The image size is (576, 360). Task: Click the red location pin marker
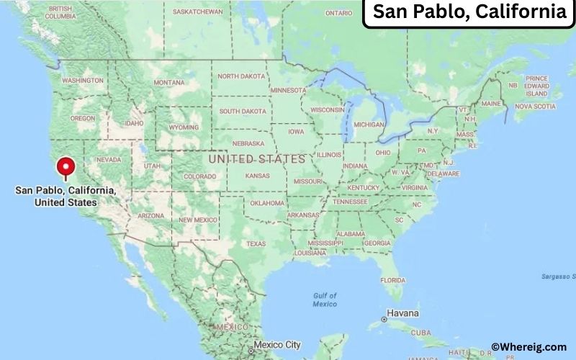pyautogui.click(x=66, y=167)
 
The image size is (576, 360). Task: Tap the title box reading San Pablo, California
pyautogui.click(x=469, y=13)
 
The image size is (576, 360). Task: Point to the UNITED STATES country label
pyautogui.click(x=256, y=158)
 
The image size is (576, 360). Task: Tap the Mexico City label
pyautogui.click(x=276, y=345)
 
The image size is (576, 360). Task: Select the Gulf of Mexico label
pyautogui.click(x=325, y=300)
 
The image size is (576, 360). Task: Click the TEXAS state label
pyautogui.click(x=256, y=243)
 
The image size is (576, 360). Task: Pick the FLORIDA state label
pyautogui.click(x=393, y=279)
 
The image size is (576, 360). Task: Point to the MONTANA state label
pyautogui.click(x=168, y=82)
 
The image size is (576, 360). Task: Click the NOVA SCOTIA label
pyautogui.click(x=535, y=107)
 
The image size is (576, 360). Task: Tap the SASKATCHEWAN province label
pyautogui.click(x=197, y=12)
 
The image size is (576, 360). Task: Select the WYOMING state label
pyautogui.click(x=183, y=127)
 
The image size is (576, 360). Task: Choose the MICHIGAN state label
pyautogui.click(x=369, y=125)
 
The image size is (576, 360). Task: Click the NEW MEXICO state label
pyautogui.click(x=197, y=220)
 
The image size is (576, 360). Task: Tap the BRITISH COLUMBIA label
pyautogui.click(x=60, y=12)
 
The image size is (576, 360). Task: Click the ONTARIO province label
pyautogui.click(x=338, y=13)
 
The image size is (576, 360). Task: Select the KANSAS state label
pyautogui.click(x=257, y=176)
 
